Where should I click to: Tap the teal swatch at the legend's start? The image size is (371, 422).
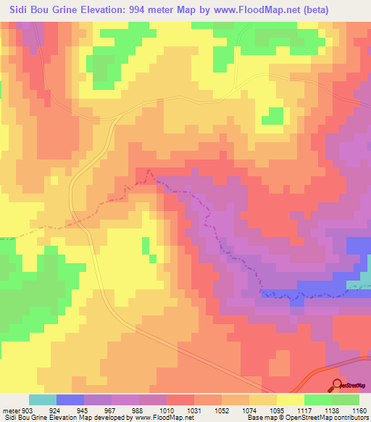click(43, 400)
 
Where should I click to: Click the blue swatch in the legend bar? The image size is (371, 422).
click(70, 400)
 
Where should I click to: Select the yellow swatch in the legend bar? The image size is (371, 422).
click(291, 400)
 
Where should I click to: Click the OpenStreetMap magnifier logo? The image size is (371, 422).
click(338, 385)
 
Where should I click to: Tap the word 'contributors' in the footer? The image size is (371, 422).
click(349, 418)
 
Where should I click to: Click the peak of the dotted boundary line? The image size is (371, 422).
click(149, 171)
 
